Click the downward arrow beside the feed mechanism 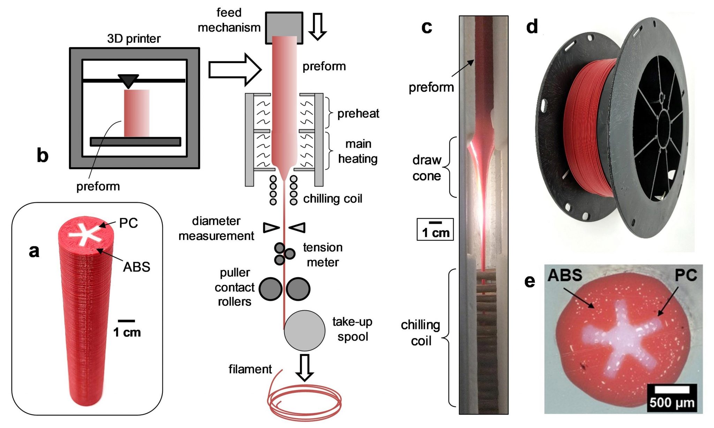[x=317, y=26]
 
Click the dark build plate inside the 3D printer [x=135, y=141]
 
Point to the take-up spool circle [x=304, y=330]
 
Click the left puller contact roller [x=271, y=289]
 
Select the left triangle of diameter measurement [x=271, y=227]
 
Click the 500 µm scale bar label [x=672, y=403]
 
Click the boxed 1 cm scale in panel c [x=435, y=229]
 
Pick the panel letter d [x=532, y=26]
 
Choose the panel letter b [x=43, y=155]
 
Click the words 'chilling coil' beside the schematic [x=333, y=199]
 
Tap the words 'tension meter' [x=322, y=255]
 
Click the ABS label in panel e [x=565, y=275]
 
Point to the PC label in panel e [x=685, y=275]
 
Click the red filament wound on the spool [x=589, y=129]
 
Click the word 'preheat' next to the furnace [x=358, y=114]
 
